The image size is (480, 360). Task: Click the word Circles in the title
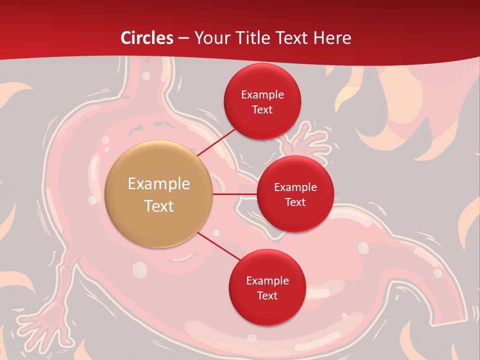tap(146, 38)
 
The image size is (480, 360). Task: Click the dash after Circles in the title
tap(184, 38)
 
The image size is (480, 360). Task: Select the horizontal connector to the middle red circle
tap(234, 193)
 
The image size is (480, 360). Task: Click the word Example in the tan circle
tap(159, 184)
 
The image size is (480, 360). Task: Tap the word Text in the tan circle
tap(159, 206)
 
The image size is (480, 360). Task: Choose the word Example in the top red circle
tap(262, 94)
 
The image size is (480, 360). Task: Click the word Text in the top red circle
tap(262, 109)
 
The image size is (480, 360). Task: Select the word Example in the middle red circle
tap(295, 187)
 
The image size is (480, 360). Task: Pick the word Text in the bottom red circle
tap(267, 295)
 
